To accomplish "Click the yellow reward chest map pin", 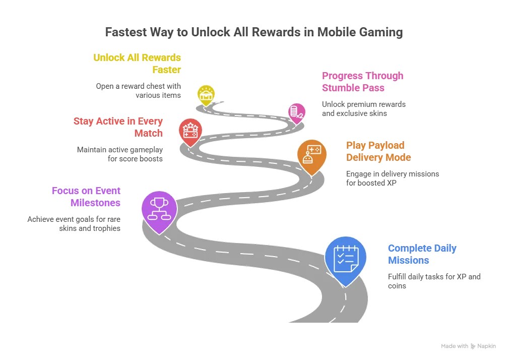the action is (x=206, y=95).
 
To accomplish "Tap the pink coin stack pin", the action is (x=297, y=113).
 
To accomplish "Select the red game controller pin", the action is (x=190, y=132).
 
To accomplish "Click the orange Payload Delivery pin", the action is (x=311, y=156).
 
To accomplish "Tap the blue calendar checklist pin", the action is (x=346, y=259).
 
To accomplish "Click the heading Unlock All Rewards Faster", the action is (x=137, y=64).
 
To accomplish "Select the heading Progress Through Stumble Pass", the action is (x=362, y=82).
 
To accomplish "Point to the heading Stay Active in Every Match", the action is (x=118, y=127).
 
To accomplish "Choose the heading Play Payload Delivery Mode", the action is (x=378, y=151).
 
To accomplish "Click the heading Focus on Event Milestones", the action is (x=86, y=197).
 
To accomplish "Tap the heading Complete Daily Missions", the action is (x=422, y=254).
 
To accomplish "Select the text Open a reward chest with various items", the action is (x=138, y=91).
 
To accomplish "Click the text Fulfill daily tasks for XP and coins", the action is (x=434, y=281).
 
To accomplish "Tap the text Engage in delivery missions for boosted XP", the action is (x=392, y=178).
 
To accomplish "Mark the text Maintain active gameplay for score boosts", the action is (x=120, y=154).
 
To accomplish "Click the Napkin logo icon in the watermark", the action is (x=473, y=346).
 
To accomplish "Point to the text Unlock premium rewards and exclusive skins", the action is (x=363, y=109).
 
